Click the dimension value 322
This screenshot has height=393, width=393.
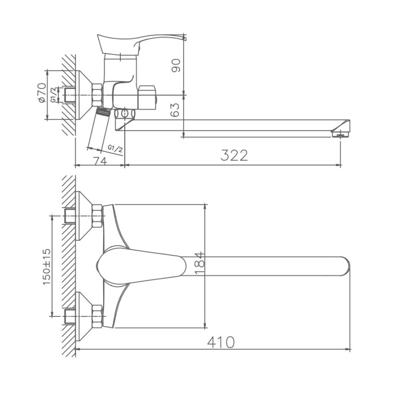pos(234,155)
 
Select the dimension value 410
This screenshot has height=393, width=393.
pos(221,341)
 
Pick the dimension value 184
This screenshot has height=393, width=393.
pos(198,266)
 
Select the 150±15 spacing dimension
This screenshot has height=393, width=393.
pos(46,265)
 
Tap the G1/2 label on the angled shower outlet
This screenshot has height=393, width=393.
pos(114,148)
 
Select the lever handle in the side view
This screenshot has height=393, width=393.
pos(142,42)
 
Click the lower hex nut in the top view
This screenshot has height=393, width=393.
pos(97,316)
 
